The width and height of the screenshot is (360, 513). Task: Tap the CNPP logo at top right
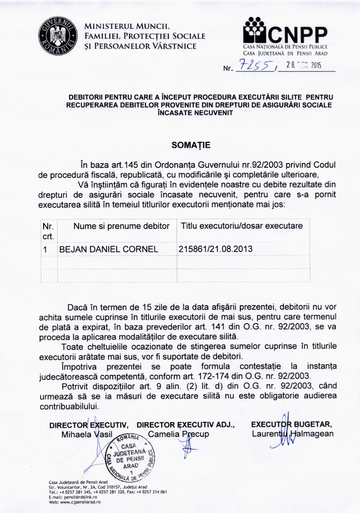point(285,31)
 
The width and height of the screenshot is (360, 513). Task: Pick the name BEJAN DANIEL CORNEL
point(109,249)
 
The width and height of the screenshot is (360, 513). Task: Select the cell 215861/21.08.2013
point(216,249)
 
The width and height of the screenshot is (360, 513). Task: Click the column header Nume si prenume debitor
point(122,226)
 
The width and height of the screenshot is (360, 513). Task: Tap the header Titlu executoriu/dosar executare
point(242,226)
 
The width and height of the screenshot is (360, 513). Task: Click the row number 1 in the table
point(46,249)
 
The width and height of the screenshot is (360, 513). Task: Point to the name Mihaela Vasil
point(87,434)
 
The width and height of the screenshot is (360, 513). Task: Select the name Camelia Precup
point(179,434)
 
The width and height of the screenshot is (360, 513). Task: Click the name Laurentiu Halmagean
point(292,434)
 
